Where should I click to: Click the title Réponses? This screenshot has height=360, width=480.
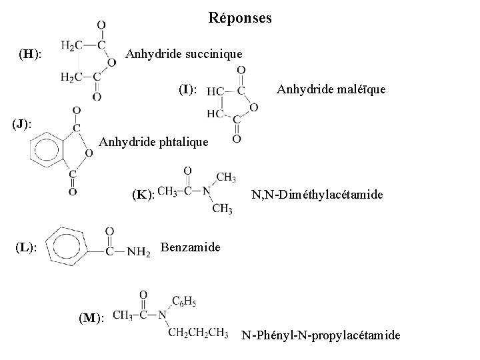pos(240,18)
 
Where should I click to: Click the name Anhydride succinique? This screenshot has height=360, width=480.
pos(184,53)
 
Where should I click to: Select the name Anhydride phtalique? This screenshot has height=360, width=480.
pos(153,141)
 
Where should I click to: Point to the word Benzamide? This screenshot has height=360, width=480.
pos(191,247)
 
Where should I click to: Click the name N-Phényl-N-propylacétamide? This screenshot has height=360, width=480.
pos(321,335)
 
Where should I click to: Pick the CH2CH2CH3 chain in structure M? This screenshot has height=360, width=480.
pos(197,331)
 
